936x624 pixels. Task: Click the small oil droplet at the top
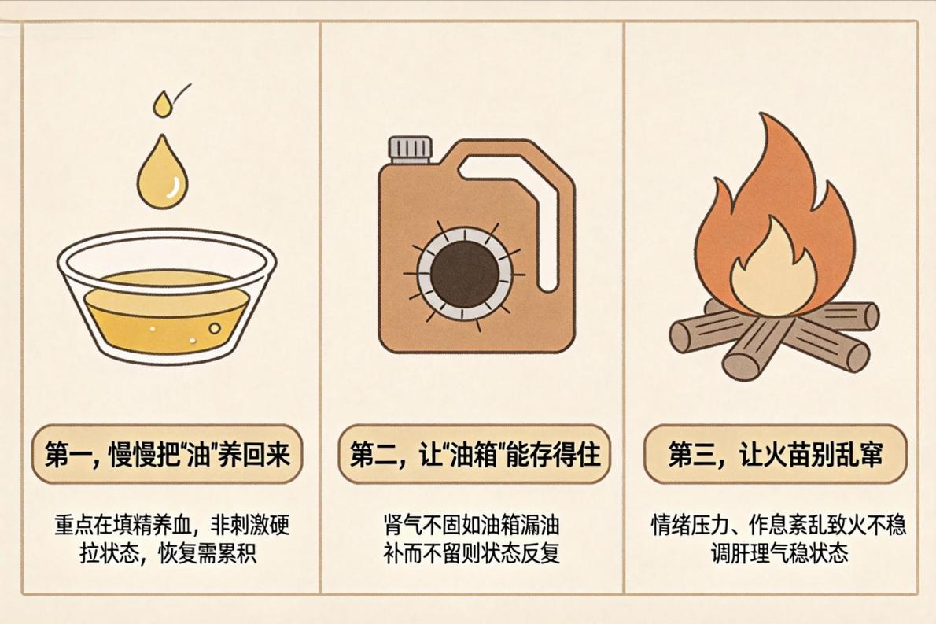(x=162, y=105)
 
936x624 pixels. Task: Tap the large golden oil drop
(x=162, y=175)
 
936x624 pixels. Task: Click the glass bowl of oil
(x=167, y=297)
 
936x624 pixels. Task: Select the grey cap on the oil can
(x=411, y=150)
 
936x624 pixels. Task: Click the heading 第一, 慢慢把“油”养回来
(x=167, y=454)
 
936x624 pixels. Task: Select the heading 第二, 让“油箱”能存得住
(x=474, y=454)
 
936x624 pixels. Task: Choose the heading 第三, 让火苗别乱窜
(x=775, y=454)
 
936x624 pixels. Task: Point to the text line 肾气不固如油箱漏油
(x=472, y=525)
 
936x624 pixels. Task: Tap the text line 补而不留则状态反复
(x=472, y=553)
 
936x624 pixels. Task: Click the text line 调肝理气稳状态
(x=779, y=553)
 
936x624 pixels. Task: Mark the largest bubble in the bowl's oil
(x=214, y=328)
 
